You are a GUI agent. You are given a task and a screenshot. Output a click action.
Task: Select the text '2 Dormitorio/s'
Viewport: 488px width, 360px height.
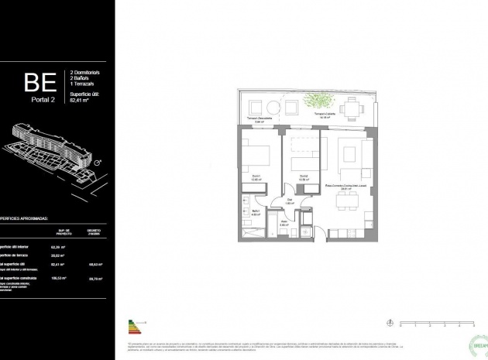click(86, 70)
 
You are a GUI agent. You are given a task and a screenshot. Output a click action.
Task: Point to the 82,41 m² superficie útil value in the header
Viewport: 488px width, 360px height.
click(81, 101)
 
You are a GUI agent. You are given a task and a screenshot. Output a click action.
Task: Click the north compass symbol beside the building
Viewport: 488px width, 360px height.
click(97, 163)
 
